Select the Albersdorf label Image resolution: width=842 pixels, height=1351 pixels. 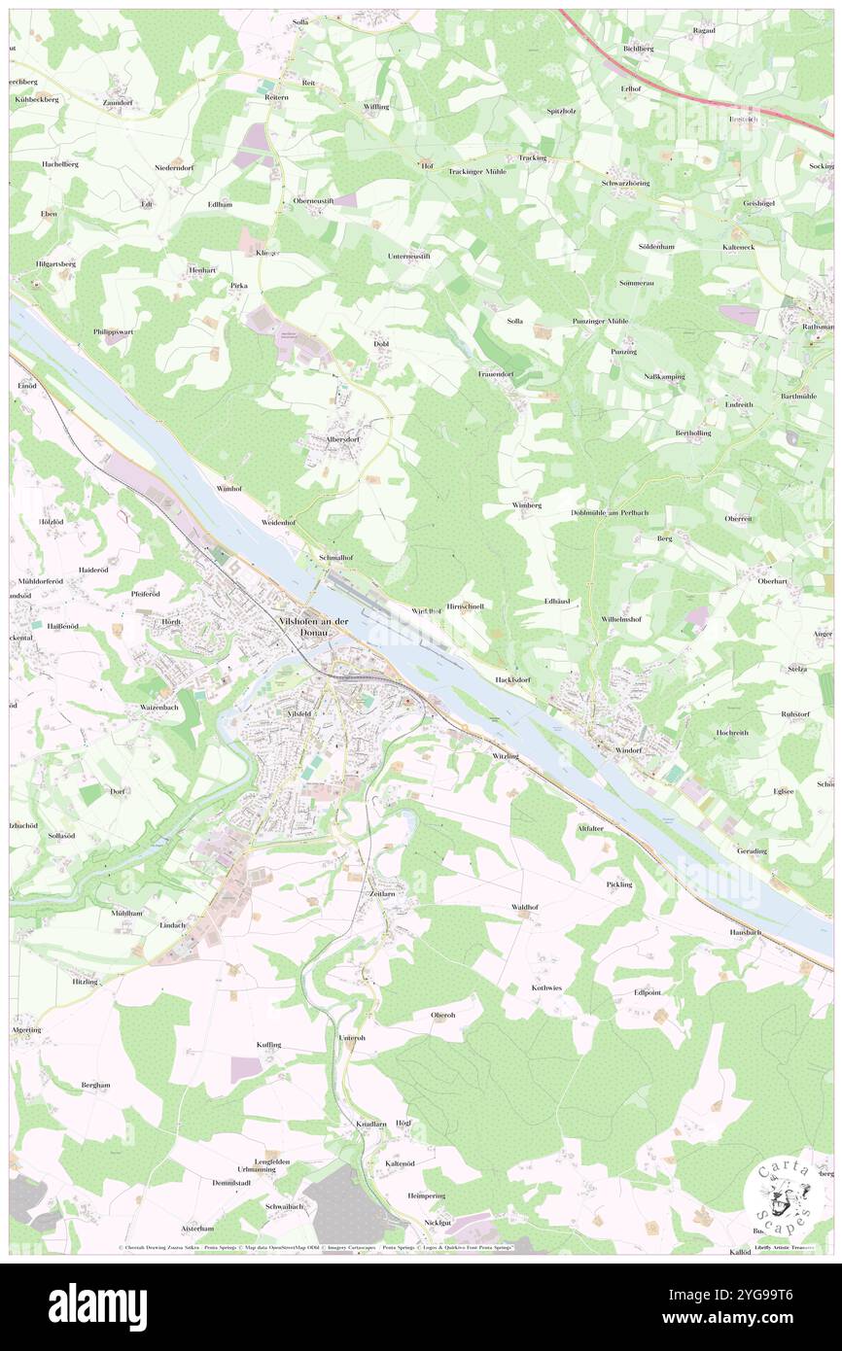(330, 438)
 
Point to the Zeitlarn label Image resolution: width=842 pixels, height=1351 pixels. (382, 892)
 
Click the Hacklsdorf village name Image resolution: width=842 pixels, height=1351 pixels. (515, 679)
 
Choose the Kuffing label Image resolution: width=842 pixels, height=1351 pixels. (268, 1045)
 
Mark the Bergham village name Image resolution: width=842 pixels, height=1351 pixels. (95, 1085)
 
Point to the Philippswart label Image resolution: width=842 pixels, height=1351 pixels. (113, 331)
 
